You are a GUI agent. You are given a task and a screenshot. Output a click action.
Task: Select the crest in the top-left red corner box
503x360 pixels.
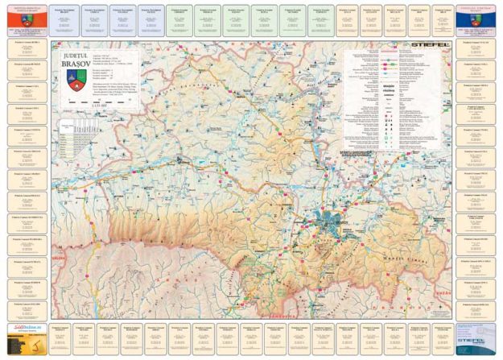click(x=26, y=14)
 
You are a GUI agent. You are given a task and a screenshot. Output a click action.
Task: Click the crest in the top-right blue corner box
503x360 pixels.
click(x=476, y=14)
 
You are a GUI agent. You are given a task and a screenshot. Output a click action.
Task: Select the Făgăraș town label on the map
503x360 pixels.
click(x=182, y=161)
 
